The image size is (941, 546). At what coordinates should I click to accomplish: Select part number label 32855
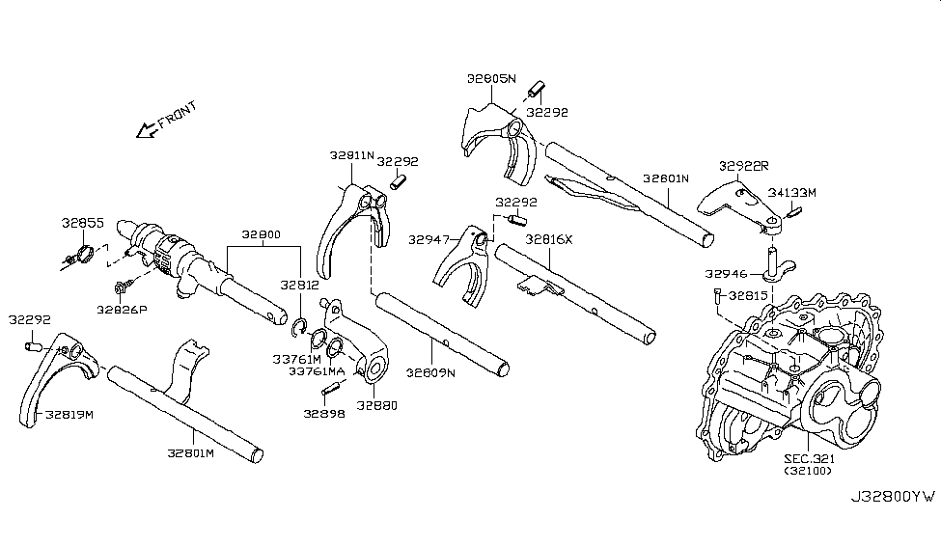[x=84, y=223]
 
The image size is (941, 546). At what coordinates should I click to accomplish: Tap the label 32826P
[x=121, y=309]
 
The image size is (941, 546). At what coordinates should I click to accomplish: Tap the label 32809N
[x=429, y=371]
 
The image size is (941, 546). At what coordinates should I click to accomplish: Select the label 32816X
[x=549, y=238]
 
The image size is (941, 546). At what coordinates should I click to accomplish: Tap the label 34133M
[x=792, y=193]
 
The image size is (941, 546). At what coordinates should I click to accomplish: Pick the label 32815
[x=749, y=296]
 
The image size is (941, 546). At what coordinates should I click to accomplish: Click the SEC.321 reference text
[x=810, y=460]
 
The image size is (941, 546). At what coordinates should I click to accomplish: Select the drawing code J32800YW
[x=892, y=497]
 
